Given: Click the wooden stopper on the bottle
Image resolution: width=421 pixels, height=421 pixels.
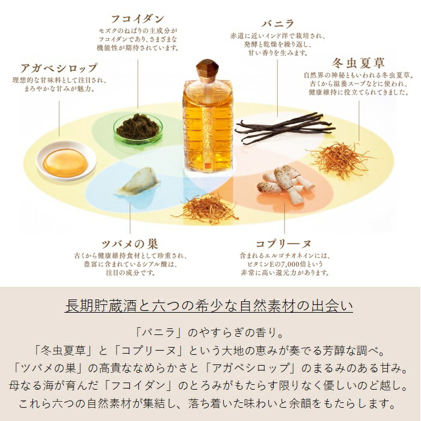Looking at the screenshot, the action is pyautogui.click(x=207, y=71).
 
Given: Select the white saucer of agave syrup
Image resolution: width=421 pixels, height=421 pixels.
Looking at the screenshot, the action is pyautogui.click(x=66, y=161).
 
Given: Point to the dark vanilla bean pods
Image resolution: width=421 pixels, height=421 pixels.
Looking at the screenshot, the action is pyautogui.click(x=285, y=127).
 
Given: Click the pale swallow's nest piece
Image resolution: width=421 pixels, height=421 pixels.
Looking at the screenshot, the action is pyautogui.click(x=139, y=182).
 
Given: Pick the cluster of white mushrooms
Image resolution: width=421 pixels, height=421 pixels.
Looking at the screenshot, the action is pyautogui.click(x=285, y=184).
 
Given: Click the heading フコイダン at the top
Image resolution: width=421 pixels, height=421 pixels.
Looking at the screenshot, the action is pyautogui.click(x=138, y=19).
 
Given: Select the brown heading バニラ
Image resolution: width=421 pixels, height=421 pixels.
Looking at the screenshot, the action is pyautogui.click(x=278, y=23).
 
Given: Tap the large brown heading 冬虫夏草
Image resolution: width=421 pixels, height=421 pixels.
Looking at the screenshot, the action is pyautogui.click(x=358, y=63).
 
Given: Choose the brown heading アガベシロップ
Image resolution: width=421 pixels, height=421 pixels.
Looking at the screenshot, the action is pyautogui.click(x=59, y=67).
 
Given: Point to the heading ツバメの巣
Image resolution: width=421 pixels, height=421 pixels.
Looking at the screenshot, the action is pyautogui.click(x=130, y=244).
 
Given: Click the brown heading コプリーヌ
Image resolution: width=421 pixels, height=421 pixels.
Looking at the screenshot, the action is pyautogui.click(x=283, y=244).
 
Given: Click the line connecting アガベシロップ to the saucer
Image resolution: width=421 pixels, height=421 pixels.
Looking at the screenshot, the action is pyautogui.click(x=60, y=118).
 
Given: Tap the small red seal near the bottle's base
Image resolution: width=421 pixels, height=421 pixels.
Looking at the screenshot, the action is pyautogui.click(x=207, y=166).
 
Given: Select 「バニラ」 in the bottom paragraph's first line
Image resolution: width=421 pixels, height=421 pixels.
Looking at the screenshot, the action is pyautogui.click(x=158, y=333).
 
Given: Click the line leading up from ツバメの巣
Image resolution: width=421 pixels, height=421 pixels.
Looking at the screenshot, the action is pyautogui.click(x=130, y=218).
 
